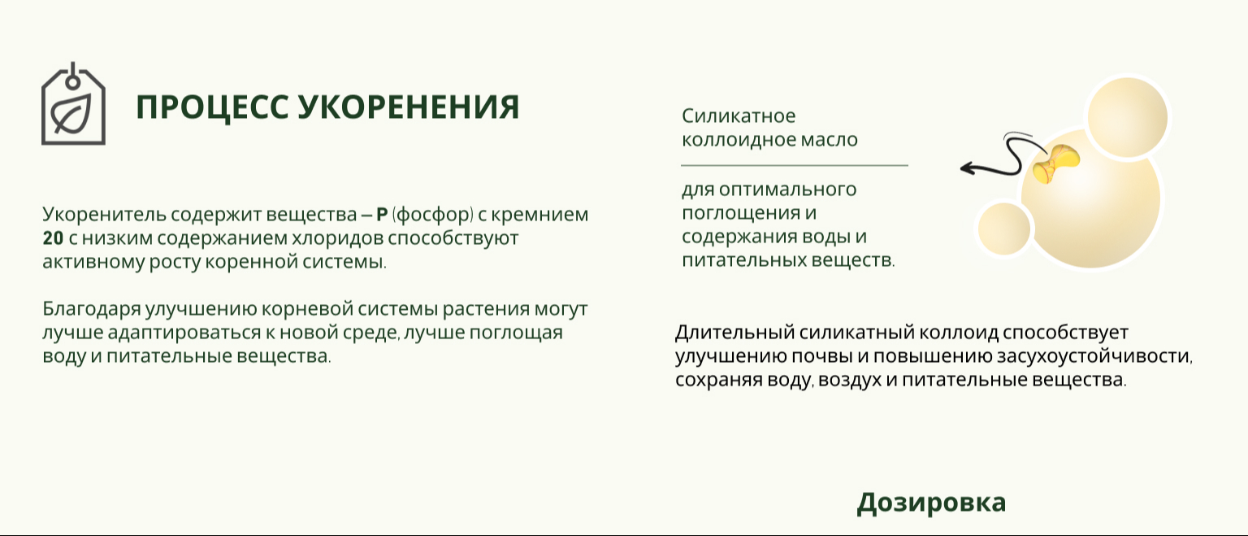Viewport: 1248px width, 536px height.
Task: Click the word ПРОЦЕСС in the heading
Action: [212, 107]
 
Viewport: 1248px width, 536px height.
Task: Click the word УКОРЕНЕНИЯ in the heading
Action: [409, 107]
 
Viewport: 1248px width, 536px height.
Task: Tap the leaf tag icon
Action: [74, 104]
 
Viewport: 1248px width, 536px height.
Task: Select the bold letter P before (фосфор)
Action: [382, 214]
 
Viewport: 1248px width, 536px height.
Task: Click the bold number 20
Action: [53, 238]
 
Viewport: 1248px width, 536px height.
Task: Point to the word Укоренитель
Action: [104, 215]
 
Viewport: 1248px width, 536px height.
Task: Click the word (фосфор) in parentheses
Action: [433, 215]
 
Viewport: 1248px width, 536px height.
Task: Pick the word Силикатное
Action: [739, 116]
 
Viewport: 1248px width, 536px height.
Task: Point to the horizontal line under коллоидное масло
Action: [795, 166]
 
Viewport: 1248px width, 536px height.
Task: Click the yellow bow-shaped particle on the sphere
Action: [1055, 163]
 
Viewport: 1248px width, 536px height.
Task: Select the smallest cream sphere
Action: [1004, 229]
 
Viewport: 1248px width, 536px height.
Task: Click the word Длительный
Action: [734, 333]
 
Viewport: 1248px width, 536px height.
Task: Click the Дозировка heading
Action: [931, 503]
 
